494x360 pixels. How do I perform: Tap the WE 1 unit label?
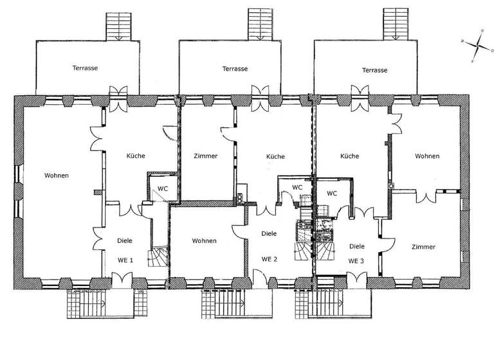[125, 260]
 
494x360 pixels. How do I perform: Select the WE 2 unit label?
[270, 259]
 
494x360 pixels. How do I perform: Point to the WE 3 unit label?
[356, 260]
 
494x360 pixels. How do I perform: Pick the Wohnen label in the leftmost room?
[57, 175]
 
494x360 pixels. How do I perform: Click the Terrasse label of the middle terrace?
[235, 68]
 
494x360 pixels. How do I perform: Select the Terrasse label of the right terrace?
[375, 70]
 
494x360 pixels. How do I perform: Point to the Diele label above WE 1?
[125, 241]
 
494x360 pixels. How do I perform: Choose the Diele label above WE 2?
[270, 234]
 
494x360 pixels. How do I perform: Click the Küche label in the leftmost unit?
[136, 156]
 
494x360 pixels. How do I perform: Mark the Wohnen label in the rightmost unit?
[427, 156]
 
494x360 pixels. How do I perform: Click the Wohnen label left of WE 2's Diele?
[204, 241]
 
